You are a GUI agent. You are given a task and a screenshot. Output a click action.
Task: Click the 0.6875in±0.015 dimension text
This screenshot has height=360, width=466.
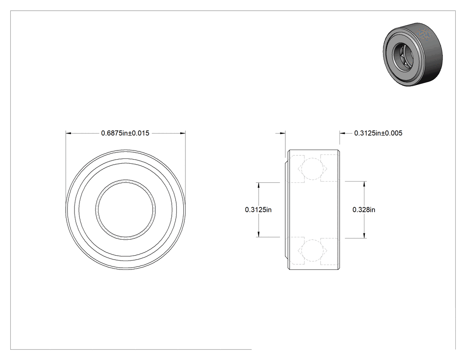coord(125,133)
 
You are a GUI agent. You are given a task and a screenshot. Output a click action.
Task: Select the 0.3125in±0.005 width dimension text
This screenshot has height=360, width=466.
coord(378,133)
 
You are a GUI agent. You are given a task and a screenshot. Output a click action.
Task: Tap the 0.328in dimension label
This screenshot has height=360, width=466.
coord(364,210)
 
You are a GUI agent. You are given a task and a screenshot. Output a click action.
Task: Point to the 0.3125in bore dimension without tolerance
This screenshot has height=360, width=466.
coord(258,210)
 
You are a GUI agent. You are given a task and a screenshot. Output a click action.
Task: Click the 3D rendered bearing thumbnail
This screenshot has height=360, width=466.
coord(412,55)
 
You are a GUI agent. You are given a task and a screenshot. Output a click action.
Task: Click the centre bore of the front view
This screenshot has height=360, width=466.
coord(126,210)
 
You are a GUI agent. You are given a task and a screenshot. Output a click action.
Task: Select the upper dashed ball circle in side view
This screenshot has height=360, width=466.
coord(312,169)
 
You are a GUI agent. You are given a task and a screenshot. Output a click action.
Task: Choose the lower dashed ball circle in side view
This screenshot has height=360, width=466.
coord(312,250)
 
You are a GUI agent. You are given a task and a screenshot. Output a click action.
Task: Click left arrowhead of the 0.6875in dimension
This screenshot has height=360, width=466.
coord(68,134)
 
